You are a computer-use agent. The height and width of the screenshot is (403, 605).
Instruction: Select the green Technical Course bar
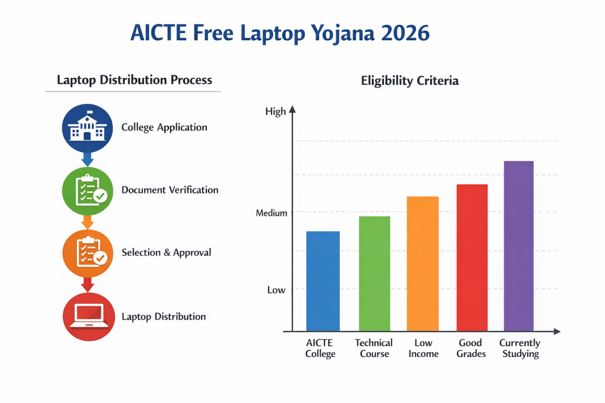pos(374,273)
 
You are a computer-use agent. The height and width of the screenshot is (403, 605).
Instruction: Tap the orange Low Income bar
pos(422,263)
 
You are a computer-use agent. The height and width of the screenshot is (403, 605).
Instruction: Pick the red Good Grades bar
pos(471,257)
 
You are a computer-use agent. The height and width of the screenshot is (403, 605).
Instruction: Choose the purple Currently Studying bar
pos(518,245)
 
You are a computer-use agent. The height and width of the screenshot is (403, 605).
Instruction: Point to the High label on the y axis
pos(275,112)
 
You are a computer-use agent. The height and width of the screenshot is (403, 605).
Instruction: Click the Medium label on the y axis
pos(271,213)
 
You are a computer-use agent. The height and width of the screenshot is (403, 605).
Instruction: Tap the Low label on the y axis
pos(276,290)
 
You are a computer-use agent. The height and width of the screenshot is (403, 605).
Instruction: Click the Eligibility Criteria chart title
pos(409,81)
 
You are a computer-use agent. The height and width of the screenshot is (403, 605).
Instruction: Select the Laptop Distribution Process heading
pos(134,80)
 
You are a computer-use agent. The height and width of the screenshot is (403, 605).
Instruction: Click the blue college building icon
pos(87,127)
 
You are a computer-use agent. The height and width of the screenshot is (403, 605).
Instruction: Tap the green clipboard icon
pos(87,191)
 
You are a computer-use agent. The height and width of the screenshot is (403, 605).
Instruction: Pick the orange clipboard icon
pos(87,253)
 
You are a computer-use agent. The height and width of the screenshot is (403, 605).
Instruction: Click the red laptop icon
pos(87,317)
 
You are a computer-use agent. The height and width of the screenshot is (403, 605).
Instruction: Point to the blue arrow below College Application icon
pos(87,159)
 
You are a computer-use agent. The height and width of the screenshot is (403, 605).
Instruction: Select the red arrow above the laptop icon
pos(87,285)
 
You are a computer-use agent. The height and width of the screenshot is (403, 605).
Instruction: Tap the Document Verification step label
pos(170,190)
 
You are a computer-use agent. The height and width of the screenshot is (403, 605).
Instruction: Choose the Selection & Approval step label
pos(166,253)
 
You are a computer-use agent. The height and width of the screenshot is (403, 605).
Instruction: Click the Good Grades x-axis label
pos(471,348)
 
